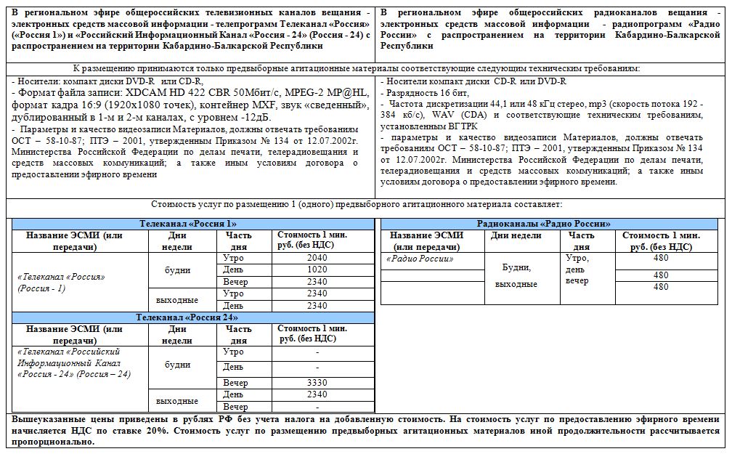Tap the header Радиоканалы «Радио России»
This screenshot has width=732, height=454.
pyautogui.click(x=543, y=224)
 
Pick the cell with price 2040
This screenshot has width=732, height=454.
pyautogui.click(x=317, y=258)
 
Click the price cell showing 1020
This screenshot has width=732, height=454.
pyautogui.click(x=317, y=269)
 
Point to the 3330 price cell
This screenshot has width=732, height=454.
pyautogui.click(x=317, y=383)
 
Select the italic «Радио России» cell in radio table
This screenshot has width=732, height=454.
pyautogui.click(x=420, y=259)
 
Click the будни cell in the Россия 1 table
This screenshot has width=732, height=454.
pyautogui.click(x=178, y=270)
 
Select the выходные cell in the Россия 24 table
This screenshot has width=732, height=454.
pyautogui.click(x=178, y=400)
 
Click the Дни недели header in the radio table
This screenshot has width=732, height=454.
pyautogui.click(x=516, y=235)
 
